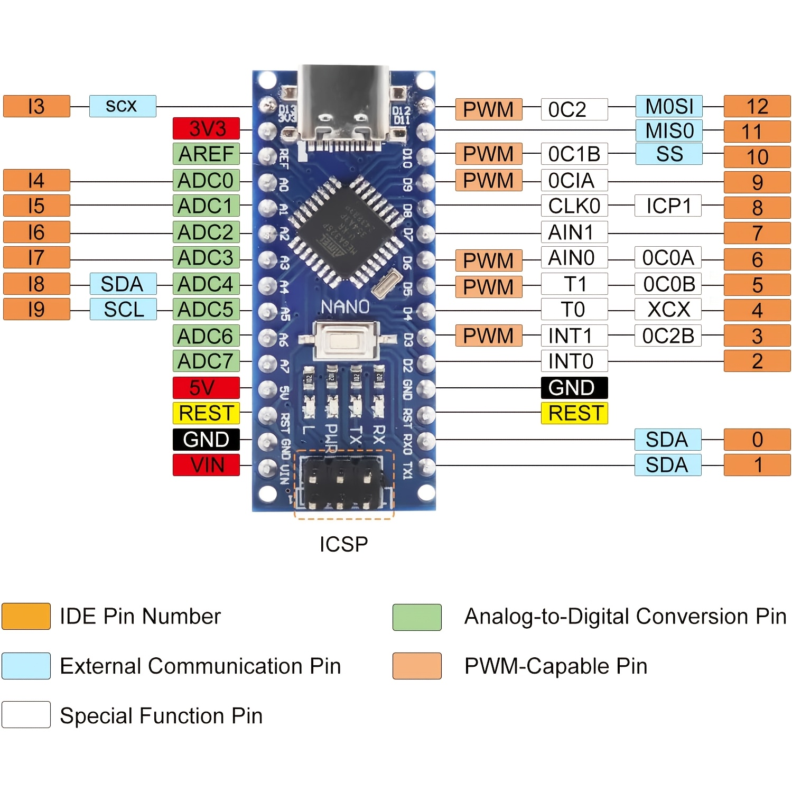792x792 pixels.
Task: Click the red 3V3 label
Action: click(206, 128)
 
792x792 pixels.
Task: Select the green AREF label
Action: click(206, 154)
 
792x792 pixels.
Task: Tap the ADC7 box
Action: click(206, 361)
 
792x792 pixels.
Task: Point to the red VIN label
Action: click(206, 465)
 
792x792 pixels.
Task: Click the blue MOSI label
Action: click(669, 107)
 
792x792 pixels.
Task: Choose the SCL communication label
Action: click(123, 309)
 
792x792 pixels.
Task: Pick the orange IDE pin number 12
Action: click(757, 107)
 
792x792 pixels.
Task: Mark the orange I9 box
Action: click(36, 309)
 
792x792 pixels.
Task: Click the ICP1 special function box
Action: click(668, 206)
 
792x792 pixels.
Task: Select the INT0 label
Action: click(574, 361)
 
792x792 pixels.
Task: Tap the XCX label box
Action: click(668, 310)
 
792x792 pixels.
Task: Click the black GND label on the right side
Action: click(574, 388)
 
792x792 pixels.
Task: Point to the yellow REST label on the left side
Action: click(206, 413)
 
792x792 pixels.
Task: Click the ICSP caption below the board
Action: click(343, 544)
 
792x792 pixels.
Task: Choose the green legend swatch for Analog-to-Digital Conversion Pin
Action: click(417, 617)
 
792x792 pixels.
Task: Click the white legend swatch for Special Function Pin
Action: click(26, 715)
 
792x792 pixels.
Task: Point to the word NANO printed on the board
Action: click(345, 307)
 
